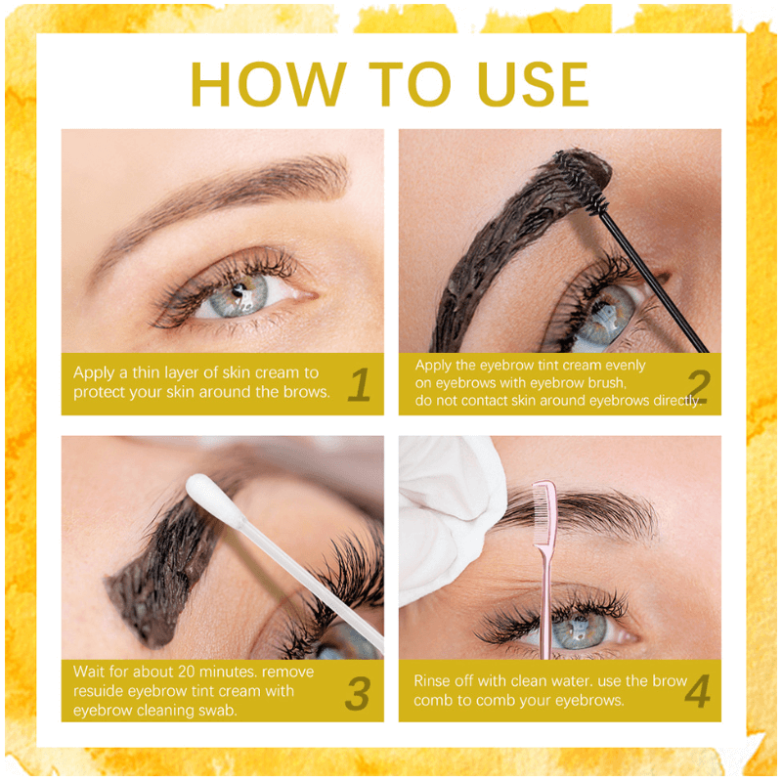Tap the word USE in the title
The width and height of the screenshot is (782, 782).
tap(532, 84)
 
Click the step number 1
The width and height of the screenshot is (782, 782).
tap(360, 384)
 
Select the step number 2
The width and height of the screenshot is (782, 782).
tap(698, 385)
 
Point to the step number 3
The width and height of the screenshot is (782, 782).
tap(358, 693)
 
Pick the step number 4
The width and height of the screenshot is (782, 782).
tap(697, 691)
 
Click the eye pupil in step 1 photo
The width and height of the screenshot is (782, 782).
tap(240, 290)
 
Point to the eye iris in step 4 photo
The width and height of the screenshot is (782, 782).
tap(579, 630)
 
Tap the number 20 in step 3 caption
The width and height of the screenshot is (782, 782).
tap(187, 672)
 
